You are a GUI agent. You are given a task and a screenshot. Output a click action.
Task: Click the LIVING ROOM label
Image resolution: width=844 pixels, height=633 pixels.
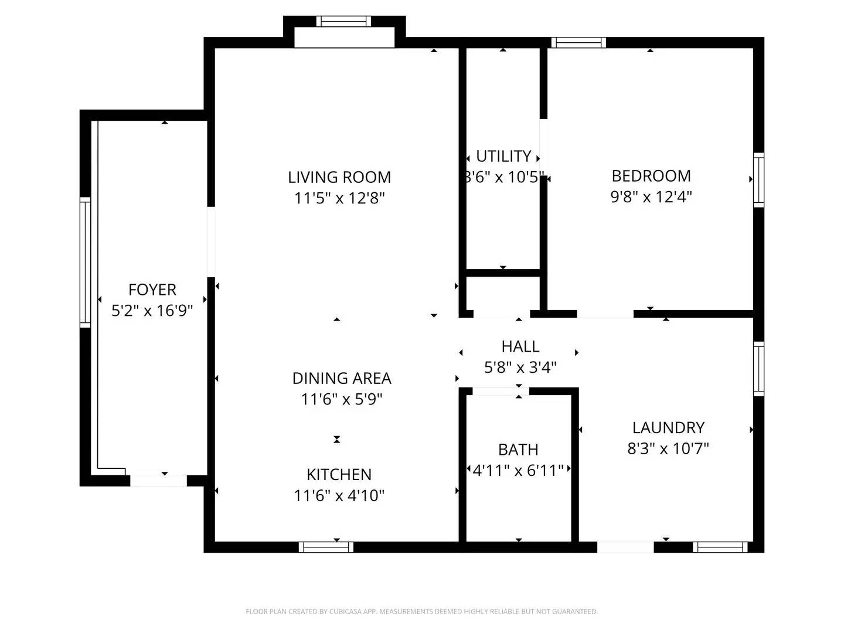tap(339, 177)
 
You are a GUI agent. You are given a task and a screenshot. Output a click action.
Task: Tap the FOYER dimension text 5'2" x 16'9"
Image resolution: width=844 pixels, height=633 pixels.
tap(152, 311)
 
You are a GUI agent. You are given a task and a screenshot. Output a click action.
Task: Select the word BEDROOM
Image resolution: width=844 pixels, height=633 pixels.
tap(651, 176)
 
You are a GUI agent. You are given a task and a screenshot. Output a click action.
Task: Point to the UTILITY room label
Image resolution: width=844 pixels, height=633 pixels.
tap(503, 156)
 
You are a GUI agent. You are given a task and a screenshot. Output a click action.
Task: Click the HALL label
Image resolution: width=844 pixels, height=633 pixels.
tap(520, 346)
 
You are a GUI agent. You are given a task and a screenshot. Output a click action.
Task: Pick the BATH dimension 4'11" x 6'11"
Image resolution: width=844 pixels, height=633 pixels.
tap(518, 470)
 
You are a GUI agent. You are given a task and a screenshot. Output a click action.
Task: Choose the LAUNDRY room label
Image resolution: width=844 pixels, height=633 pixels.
tap(668, 428)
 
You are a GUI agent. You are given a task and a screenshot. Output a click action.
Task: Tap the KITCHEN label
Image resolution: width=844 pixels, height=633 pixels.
tap(339, 474)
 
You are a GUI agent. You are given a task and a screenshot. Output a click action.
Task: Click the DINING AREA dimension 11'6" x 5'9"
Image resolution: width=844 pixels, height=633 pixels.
tap(341, 399)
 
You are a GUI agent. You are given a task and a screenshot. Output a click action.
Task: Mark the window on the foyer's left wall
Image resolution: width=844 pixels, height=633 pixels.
tap(86, 262)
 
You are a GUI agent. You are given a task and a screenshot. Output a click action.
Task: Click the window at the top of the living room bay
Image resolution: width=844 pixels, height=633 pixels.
tap(343, 22)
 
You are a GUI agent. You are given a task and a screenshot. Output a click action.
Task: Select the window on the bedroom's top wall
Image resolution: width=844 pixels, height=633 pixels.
tap(578, 42)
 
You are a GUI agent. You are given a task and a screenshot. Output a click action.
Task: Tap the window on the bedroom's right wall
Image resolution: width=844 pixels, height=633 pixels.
tap(758, 180)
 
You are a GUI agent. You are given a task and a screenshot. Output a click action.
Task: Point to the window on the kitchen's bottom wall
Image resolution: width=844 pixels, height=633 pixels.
tap(326, 547)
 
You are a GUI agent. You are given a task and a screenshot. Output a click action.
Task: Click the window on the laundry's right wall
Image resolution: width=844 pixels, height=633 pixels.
tap(758, 369)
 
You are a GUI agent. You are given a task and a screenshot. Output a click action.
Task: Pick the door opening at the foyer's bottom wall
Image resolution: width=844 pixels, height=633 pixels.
tap(158, 481)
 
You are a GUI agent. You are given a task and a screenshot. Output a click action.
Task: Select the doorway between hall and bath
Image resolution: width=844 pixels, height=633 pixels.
tap(500, 391)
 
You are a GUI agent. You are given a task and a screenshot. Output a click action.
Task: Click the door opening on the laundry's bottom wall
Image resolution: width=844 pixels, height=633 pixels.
tap(625, 547)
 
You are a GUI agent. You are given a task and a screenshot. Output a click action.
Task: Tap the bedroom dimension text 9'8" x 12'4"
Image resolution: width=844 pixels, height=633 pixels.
tap(651, 196)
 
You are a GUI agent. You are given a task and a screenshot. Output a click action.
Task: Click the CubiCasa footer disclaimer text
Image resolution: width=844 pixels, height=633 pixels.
tap(421, 611)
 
